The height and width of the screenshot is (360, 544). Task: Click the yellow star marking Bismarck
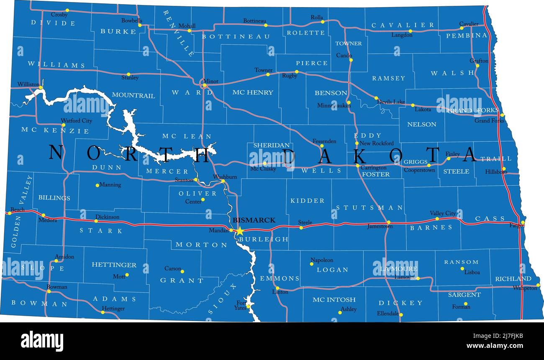240,231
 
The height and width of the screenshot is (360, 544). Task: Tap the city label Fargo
516,225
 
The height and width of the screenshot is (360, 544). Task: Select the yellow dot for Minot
205,86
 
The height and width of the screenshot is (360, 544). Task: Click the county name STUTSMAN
370,207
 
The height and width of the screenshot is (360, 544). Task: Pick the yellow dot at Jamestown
388,222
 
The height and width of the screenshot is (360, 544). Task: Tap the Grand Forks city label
489,121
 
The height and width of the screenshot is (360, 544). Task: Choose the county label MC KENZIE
55,130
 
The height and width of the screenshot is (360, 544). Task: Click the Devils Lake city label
391,102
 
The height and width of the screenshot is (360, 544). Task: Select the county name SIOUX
222,299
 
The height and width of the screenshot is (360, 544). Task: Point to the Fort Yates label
241,305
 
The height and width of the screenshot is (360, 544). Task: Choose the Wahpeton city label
525,288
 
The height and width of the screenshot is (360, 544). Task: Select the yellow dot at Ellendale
400,314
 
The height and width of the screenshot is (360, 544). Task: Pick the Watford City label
77,121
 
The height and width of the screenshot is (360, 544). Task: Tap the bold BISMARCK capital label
254,220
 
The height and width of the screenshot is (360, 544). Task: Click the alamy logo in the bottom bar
42,341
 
